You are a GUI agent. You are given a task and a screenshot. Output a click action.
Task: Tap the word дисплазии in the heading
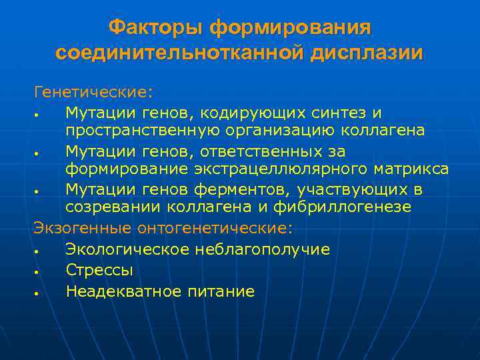coord(365,53)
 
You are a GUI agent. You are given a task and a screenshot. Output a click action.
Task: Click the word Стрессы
coord(99,270)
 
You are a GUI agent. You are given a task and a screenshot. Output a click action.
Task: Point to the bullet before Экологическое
coord(41,251)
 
